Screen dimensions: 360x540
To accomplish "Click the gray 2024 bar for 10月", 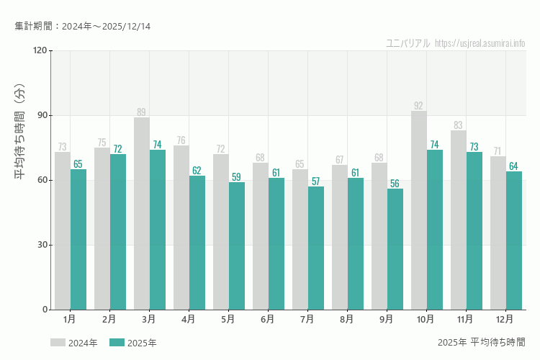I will [418, 210].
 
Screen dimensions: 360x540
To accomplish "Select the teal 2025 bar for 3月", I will [158, 230].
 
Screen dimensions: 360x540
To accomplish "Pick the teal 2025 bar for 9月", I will [395, 249].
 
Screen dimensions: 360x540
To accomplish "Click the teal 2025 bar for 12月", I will [514, 240].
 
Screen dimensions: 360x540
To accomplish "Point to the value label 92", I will [418, 106].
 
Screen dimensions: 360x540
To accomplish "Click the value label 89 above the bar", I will [141, 112].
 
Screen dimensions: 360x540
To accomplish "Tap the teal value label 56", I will [395, 184].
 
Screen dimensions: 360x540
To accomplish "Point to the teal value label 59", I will [236, 177].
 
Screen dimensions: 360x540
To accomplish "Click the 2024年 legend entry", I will [73, 343].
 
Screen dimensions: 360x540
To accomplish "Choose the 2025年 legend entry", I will [132, 343].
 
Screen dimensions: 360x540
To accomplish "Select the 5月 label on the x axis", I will [228, 318].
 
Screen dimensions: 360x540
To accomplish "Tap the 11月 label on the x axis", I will [465, 318].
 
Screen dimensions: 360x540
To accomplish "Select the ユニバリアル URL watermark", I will [455, 43].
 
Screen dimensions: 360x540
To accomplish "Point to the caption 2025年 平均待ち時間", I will [481, 342].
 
